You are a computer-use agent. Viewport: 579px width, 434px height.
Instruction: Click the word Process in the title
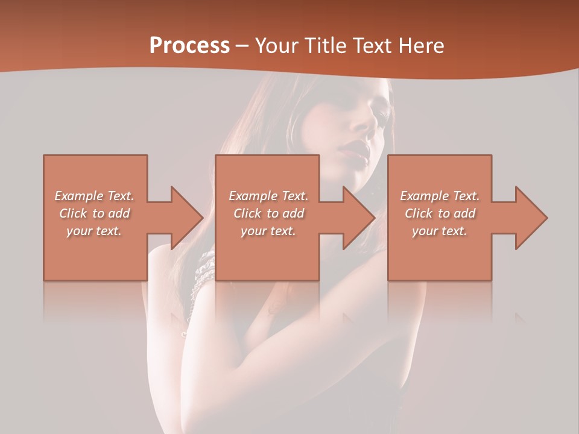(189, 46)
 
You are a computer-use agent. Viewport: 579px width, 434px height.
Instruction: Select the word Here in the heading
(420, 46)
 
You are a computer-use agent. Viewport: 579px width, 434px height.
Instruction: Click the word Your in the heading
(277, 46)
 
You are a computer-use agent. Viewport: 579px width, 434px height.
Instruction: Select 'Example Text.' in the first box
(94, 196)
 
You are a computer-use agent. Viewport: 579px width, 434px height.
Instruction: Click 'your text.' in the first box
(94, 231)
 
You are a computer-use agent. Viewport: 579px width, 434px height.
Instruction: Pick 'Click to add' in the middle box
(268, 213)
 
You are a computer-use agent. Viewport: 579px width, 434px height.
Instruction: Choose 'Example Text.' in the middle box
(268, 196)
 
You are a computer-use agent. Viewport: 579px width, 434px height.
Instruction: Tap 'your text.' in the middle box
(268, 231)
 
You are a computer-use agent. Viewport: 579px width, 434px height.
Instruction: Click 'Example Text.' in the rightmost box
(440, 196)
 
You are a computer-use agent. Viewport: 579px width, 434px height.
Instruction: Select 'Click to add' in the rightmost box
(440, 213)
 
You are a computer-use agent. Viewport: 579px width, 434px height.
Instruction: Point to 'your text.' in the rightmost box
(440, 231)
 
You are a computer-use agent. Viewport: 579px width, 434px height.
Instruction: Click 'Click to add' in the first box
(94, 213)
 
